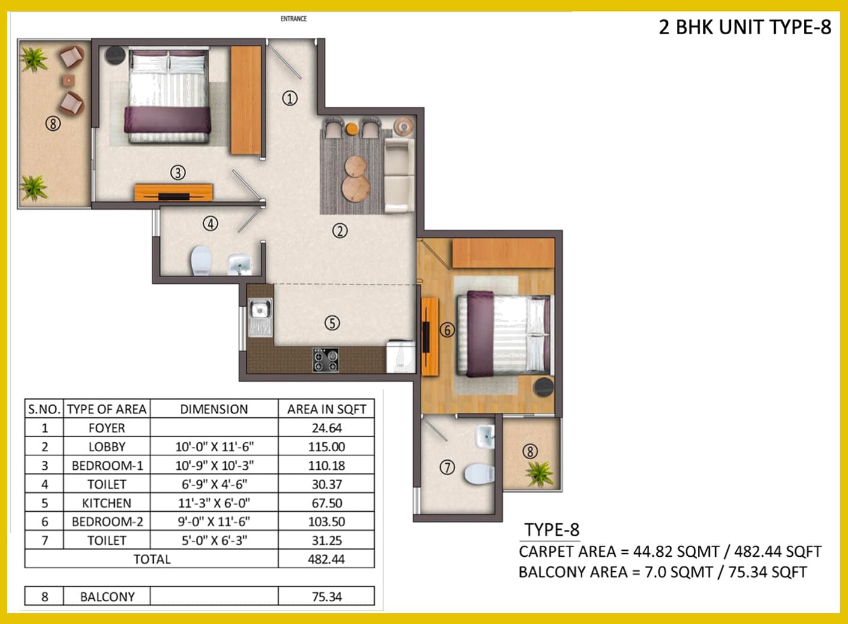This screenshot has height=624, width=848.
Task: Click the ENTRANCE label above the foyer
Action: point(294,19)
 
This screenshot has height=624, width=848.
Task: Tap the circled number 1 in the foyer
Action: point(290,99)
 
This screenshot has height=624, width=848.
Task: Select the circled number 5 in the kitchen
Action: point(332,323)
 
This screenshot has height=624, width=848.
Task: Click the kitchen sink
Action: point(259,317)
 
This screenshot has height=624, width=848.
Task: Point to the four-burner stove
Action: point(326,359)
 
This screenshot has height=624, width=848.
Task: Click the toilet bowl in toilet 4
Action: point(201,260)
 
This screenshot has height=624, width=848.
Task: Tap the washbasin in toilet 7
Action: point(485,437)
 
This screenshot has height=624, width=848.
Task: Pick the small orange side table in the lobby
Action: point(352,128)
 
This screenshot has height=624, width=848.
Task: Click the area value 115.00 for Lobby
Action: point(326,446)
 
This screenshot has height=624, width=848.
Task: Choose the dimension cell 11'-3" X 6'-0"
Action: point(214,503)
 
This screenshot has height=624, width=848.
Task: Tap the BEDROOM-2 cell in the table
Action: point(107,522)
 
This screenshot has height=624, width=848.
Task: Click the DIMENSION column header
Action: point(214,409)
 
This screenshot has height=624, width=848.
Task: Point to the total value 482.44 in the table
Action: point(326,559)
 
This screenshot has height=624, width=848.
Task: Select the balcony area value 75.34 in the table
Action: point(327,597)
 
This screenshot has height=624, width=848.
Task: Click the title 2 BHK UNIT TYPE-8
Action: point(745,27)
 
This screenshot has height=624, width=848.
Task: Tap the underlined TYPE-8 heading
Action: point(551,530)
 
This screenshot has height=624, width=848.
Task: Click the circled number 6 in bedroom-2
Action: point(447,330)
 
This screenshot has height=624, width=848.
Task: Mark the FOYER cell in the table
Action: point(107,428)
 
